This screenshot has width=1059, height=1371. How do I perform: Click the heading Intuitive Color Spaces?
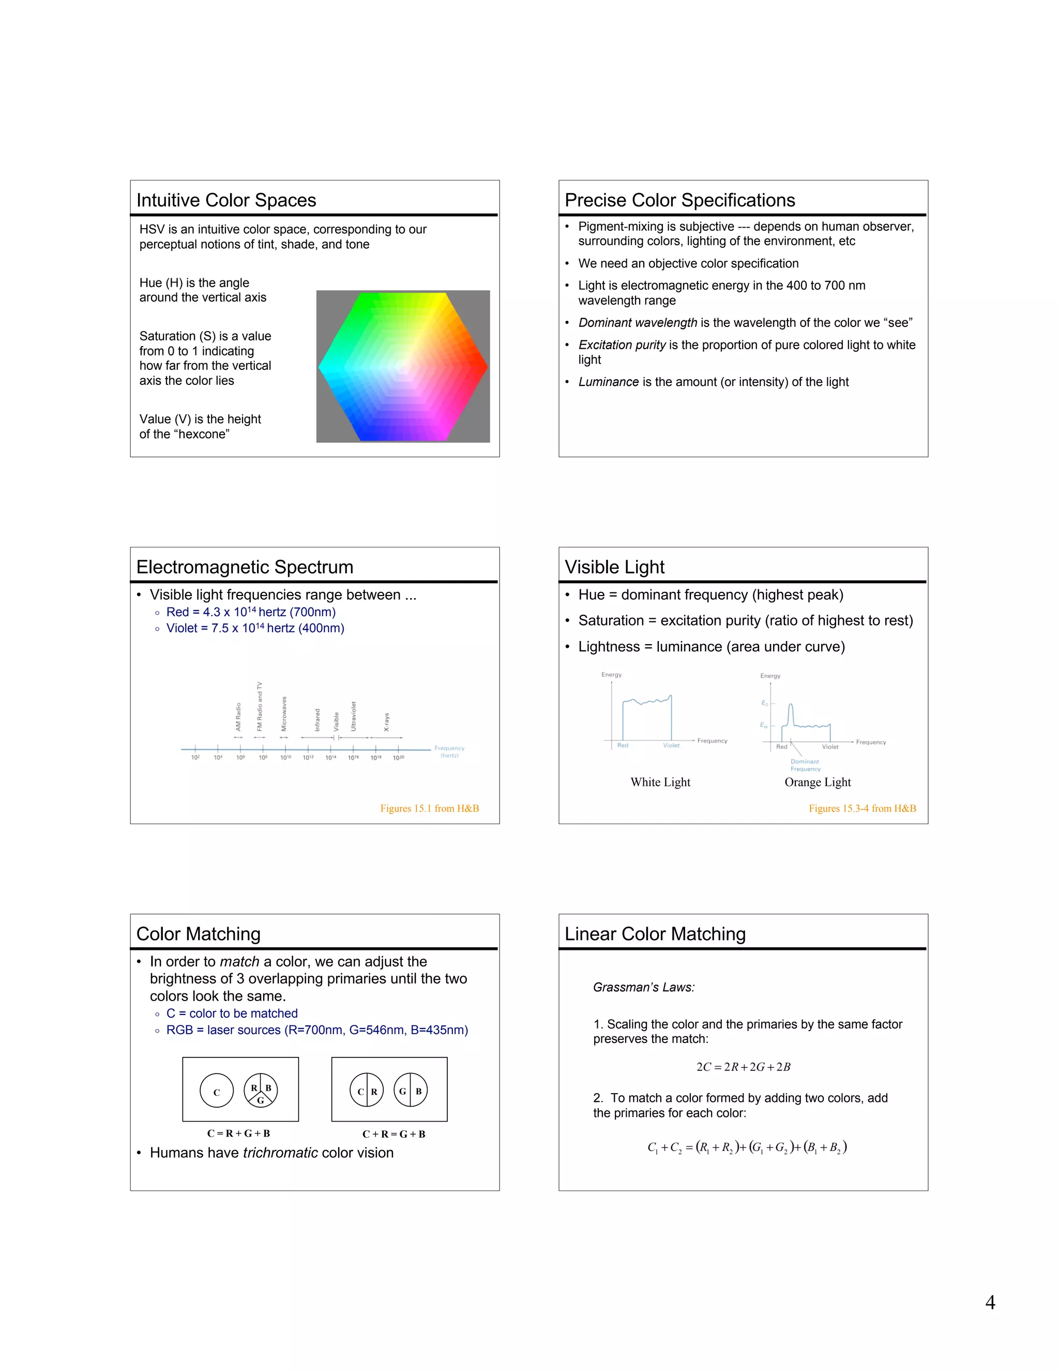(x=226, y=200)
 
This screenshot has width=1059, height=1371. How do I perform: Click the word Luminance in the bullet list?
(x=608, y=382)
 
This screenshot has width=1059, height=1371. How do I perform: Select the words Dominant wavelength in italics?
(x=638, y=323)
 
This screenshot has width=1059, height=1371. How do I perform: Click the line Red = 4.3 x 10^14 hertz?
(x=250, y=612)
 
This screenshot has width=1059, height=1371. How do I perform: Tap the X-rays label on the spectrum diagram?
(x=386, y=722)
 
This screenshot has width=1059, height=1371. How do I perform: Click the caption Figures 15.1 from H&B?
(x=429, y=809)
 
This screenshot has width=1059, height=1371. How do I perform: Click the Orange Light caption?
(x=818, y=782)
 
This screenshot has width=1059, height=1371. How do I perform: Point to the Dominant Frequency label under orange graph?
(x=805, y=765)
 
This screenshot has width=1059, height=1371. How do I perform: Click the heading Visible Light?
(x=614, y=567)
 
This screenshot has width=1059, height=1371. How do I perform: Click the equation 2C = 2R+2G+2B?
(x=743, y=1067)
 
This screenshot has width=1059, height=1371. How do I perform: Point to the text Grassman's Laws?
(x=644, y=988)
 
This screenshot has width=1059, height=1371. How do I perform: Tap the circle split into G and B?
(x=410, y=1091)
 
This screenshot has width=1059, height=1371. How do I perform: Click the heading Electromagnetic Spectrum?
(x=245, y=567)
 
